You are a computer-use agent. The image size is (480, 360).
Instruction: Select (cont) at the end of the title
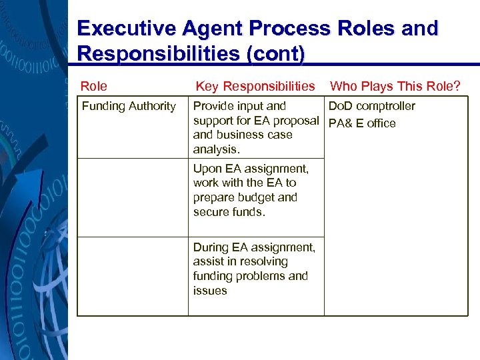pyautogui.click(x=276, y=53)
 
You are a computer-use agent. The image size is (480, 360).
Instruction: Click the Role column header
pyautogui.click(x=94, y=86)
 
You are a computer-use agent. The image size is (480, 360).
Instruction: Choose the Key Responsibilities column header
pyautogui.click(x=255, y=86)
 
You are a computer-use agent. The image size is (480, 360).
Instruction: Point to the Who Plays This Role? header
pyautogui.click(x=395, y=86)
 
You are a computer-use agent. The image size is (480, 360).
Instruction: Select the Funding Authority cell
pyautogui.click(x=129, y=106)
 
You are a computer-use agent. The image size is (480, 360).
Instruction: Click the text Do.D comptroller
pyautogui.click(x=371, y=106)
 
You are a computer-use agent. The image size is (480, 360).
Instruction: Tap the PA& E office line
pyautogui.click(x=362, y=123)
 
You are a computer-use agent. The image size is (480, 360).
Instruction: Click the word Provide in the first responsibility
pyautogui.click(x=213, y=106)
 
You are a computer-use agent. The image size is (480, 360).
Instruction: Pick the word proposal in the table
pyautogui.click(x=296, y=121)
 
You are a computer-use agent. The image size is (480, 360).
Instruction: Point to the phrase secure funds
pyautogui.click(x=229, y=212)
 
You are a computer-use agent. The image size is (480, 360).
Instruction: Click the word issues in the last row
pyautogui.click(x=210, y=291)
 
